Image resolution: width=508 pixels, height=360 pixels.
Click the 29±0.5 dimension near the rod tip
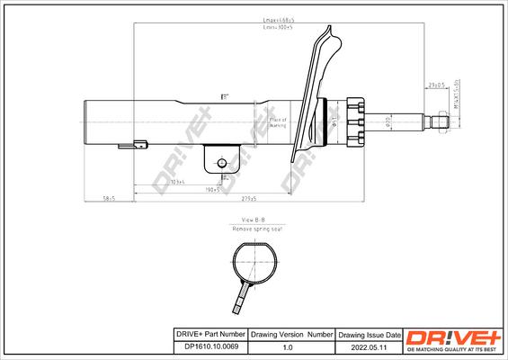437,85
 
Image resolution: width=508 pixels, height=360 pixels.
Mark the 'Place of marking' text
278,123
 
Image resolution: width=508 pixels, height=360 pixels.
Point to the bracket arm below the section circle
243,296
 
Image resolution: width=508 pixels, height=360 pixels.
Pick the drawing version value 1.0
287,345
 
